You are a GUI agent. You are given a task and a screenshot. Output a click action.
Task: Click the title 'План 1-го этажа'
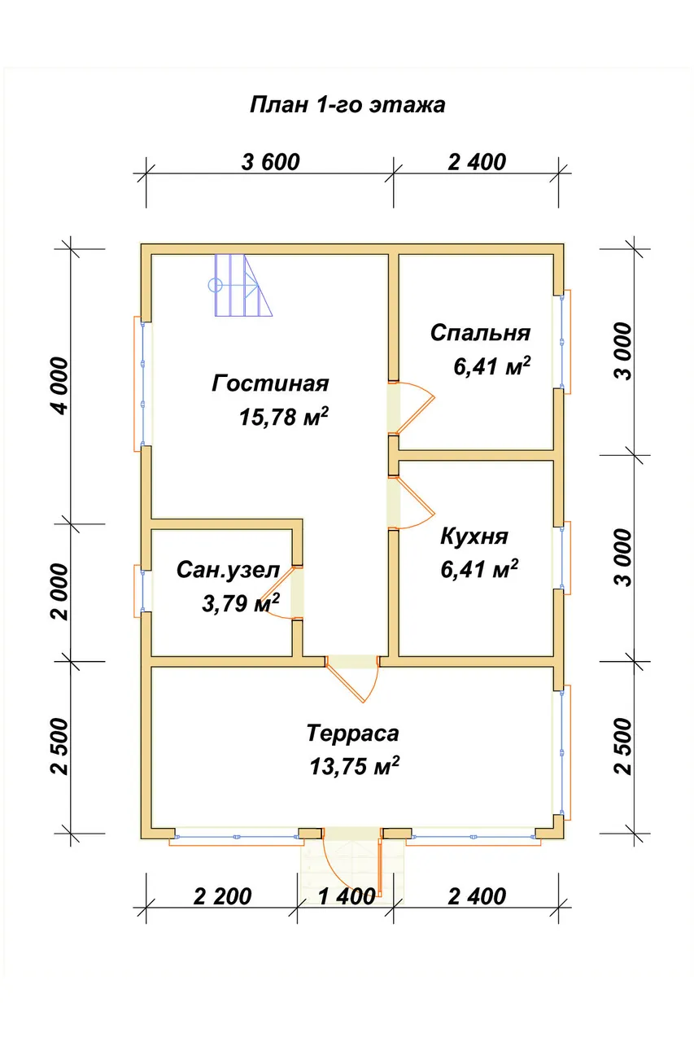tap(347, 106)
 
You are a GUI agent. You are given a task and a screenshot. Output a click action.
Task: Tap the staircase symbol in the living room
tap(240, 285)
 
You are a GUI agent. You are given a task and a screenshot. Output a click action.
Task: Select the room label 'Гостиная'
tap(270, 383)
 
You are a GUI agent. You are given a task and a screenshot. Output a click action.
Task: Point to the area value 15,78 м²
tap(284, 417)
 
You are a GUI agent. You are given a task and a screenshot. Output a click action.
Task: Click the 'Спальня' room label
tap(480, 334)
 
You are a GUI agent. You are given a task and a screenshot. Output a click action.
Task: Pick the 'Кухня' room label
tap(474, 536)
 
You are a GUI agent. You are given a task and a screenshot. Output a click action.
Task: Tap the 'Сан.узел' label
tap(228, 571)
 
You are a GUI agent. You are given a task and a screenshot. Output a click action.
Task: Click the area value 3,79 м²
tap(240, 603)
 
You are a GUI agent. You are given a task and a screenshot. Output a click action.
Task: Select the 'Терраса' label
tap(352, 733)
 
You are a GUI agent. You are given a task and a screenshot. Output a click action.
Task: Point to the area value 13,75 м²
tap(354, 766)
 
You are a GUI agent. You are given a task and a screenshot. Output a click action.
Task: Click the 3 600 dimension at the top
tap(271, 162)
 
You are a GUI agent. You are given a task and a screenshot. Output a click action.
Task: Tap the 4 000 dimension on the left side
tap(60, 385)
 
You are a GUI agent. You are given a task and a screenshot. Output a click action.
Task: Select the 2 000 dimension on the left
tap(60, 592)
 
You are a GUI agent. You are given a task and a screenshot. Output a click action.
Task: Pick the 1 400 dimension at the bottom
tap(347, 896)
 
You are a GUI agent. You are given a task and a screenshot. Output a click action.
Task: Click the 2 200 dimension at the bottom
tap(222, 896)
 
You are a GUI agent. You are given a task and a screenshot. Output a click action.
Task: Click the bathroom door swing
tap(274, 592)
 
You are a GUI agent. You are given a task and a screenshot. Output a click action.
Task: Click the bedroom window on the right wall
tap(562, 341)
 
